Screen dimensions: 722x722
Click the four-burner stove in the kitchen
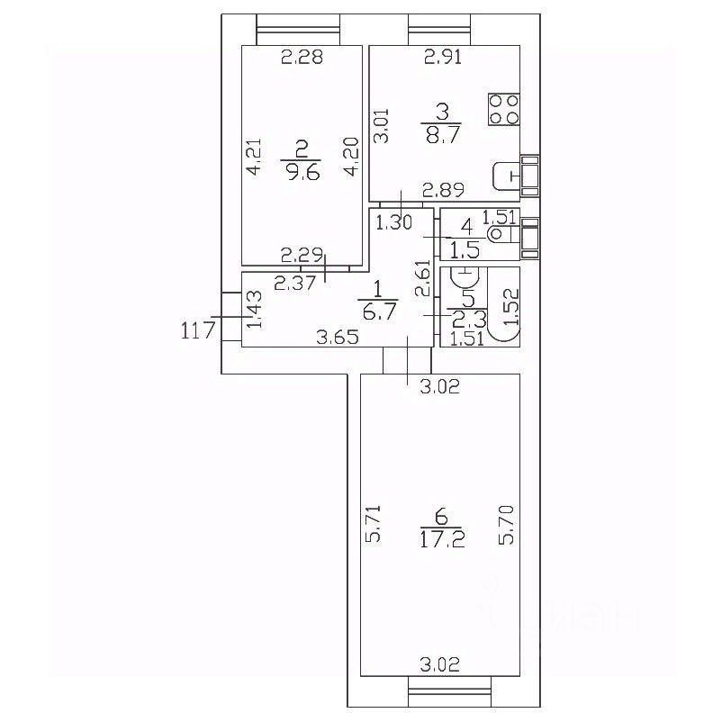coord(504,110)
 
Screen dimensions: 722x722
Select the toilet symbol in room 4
coord(500,235)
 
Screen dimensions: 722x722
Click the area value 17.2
coord(441,540)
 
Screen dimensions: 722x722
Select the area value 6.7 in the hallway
coord(377,311)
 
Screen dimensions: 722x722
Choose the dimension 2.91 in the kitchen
coord(444,60)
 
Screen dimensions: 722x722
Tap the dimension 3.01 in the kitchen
coord(383,126)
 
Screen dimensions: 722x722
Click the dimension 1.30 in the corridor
coord(393,221)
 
